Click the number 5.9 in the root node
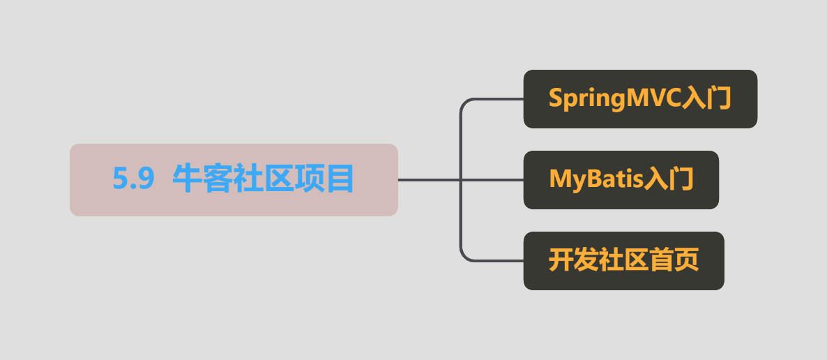[133, 179]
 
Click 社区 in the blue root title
[263, 179]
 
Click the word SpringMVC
[614, 99]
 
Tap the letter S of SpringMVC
[555, 98]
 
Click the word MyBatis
[596, 179]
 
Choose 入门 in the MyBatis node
[669, 179]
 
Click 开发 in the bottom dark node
[572, 260]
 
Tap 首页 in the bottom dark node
[674, 260]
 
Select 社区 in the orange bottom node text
[623, 260]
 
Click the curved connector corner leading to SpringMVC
[464, 103]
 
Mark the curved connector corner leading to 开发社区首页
[464, 256]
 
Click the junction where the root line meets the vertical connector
[462, 180]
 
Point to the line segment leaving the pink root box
[430, 180]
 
